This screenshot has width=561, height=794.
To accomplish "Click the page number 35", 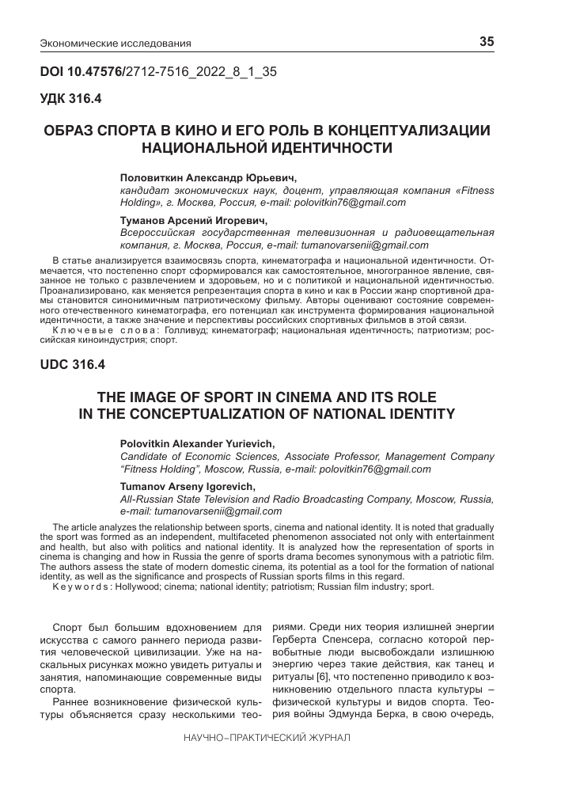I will tap(487, 41).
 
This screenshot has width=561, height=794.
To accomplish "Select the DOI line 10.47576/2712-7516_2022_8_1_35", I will tap(158, 72).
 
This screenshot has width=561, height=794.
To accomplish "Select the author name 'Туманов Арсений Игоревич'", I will tap(194, 220).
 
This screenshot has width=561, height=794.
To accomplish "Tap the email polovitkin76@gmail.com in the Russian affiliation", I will tap(350, 203).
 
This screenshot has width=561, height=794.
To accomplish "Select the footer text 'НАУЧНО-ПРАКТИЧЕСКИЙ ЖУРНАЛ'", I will tap(266, 736).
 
